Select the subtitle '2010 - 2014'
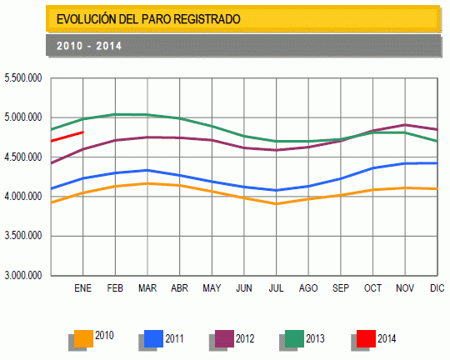point(89,46)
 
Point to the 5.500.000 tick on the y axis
point(23,78)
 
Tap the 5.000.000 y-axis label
point(23,117)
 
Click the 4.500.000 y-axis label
point(23,157)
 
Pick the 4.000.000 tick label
point(23,197)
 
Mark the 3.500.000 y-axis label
point(23,236)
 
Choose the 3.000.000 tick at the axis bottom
point(23,275)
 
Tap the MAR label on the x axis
point(147,288)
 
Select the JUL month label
point(276,288)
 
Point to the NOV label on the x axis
point(404,288)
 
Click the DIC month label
point(437,288)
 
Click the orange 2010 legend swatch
point(83,337)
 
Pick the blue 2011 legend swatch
point(153,337)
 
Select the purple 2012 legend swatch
point(224,337)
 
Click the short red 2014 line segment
point(67,136)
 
